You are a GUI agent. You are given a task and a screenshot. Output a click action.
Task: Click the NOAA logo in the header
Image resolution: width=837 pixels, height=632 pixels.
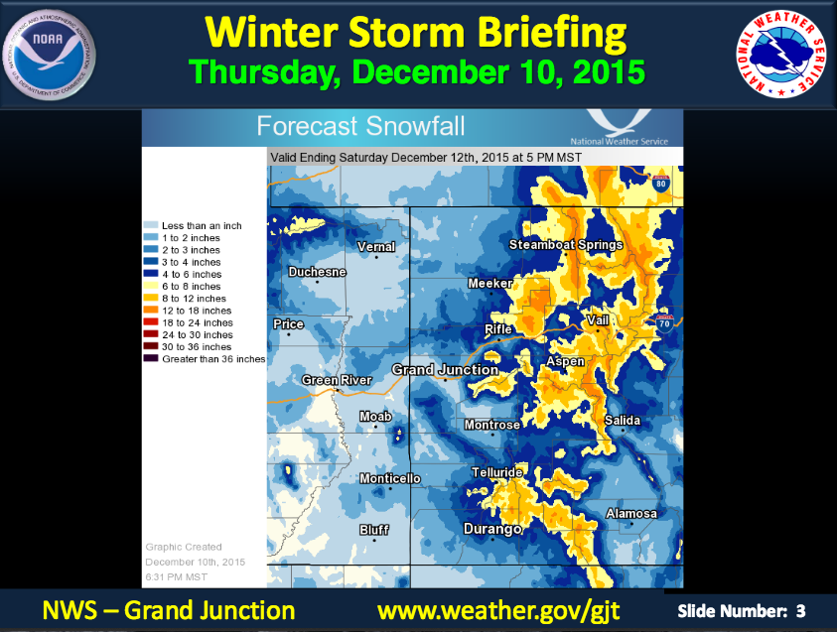pos(49,55)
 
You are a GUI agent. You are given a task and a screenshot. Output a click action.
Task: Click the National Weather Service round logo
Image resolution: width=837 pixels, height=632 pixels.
pos(780,55)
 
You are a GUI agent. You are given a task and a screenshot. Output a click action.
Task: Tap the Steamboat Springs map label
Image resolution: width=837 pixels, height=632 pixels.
pos(566,245)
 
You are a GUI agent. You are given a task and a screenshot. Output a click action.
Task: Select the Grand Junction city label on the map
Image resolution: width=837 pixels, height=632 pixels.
pos(445,370)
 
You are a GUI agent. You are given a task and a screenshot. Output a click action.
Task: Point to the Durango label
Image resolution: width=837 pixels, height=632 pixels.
pos(492,529)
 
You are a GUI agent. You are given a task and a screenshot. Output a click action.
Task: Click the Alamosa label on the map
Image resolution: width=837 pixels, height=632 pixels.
pos(631,514)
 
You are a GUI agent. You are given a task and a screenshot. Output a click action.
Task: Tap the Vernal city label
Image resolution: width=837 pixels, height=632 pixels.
pos(376,247)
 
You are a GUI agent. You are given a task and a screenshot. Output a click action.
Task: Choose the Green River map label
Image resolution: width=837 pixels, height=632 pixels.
pos(337,380)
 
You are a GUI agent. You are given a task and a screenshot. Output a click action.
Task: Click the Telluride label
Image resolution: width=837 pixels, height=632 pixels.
pos(497,472)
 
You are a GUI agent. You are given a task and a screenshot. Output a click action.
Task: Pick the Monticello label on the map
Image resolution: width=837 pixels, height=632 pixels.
pos(389,479)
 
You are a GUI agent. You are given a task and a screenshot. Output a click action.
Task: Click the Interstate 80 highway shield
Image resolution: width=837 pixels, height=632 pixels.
pos(661,183)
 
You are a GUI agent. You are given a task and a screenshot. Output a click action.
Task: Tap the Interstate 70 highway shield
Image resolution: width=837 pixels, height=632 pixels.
pos(664,323)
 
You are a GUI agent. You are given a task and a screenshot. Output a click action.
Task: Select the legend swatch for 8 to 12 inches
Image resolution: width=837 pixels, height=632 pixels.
pos(151,298)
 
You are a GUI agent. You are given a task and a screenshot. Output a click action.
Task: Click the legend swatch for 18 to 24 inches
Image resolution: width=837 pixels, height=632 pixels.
pos(151,322)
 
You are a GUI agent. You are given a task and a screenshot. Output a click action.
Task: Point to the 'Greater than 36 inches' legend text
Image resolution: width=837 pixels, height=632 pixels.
pos(213,359)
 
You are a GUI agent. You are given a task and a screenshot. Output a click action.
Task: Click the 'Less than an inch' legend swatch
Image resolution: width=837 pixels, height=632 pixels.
pos(151,225)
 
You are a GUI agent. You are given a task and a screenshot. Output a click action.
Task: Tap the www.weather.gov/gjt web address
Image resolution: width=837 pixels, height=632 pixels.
pos(498,610)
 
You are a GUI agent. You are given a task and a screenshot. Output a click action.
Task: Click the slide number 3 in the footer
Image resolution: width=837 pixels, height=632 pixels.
pos(800,611)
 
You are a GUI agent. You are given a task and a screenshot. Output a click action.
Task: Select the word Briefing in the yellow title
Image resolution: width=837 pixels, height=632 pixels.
pos(552,33)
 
